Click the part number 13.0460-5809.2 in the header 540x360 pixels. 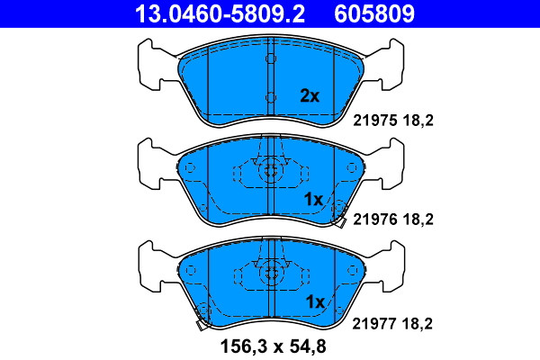[x=220, y=13]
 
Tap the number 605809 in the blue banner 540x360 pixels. [x=374, y=13]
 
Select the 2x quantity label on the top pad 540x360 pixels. [x=310, y=95]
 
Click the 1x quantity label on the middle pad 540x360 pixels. [x=313, y=199]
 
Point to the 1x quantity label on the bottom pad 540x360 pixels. [x=315, y=301]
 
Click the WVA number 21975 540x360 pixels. [x=375, y=121]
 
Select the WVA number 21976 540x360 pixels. [x=375, y=219]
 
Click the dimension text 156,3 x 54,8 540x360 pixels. [x=273, y=346]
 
